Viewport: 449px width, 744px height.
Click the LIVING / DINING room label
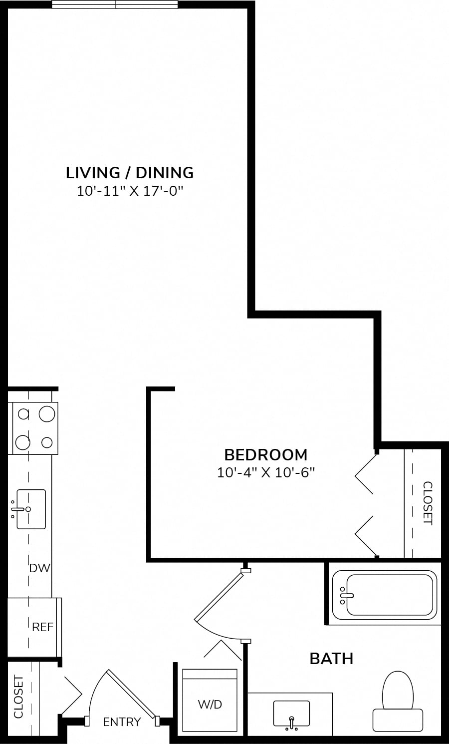pos(130,173)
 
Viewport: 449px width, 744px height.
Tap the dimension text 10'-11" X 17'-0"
pos(130,191)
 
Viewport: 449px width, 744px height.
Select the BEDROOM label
pos(266,455)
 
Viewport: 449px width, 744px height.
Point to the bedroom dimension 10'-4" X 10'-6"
pos(266,472)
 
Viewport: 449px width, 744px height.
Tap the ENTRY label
pos(122,722)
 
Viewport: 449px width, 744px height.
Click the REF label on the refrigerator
pos(42,627)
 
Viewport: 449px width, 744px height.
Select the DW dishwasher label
pos(39,568)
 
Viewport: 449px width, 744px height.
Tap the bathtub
pos(385,595)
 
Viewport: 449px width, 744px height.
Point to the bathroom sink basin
pos(291,714)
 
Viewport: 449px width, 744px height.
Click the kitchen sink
pos(31,509)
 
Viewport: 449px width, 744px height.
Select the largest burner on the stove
pos(47,414)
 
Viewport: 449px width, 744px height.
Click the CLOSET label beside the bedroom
pos(428,503)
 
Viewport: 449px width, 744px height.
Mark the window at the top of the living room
pos(115,4)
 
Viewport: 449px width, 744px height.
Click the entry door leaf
pos(131,693)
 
